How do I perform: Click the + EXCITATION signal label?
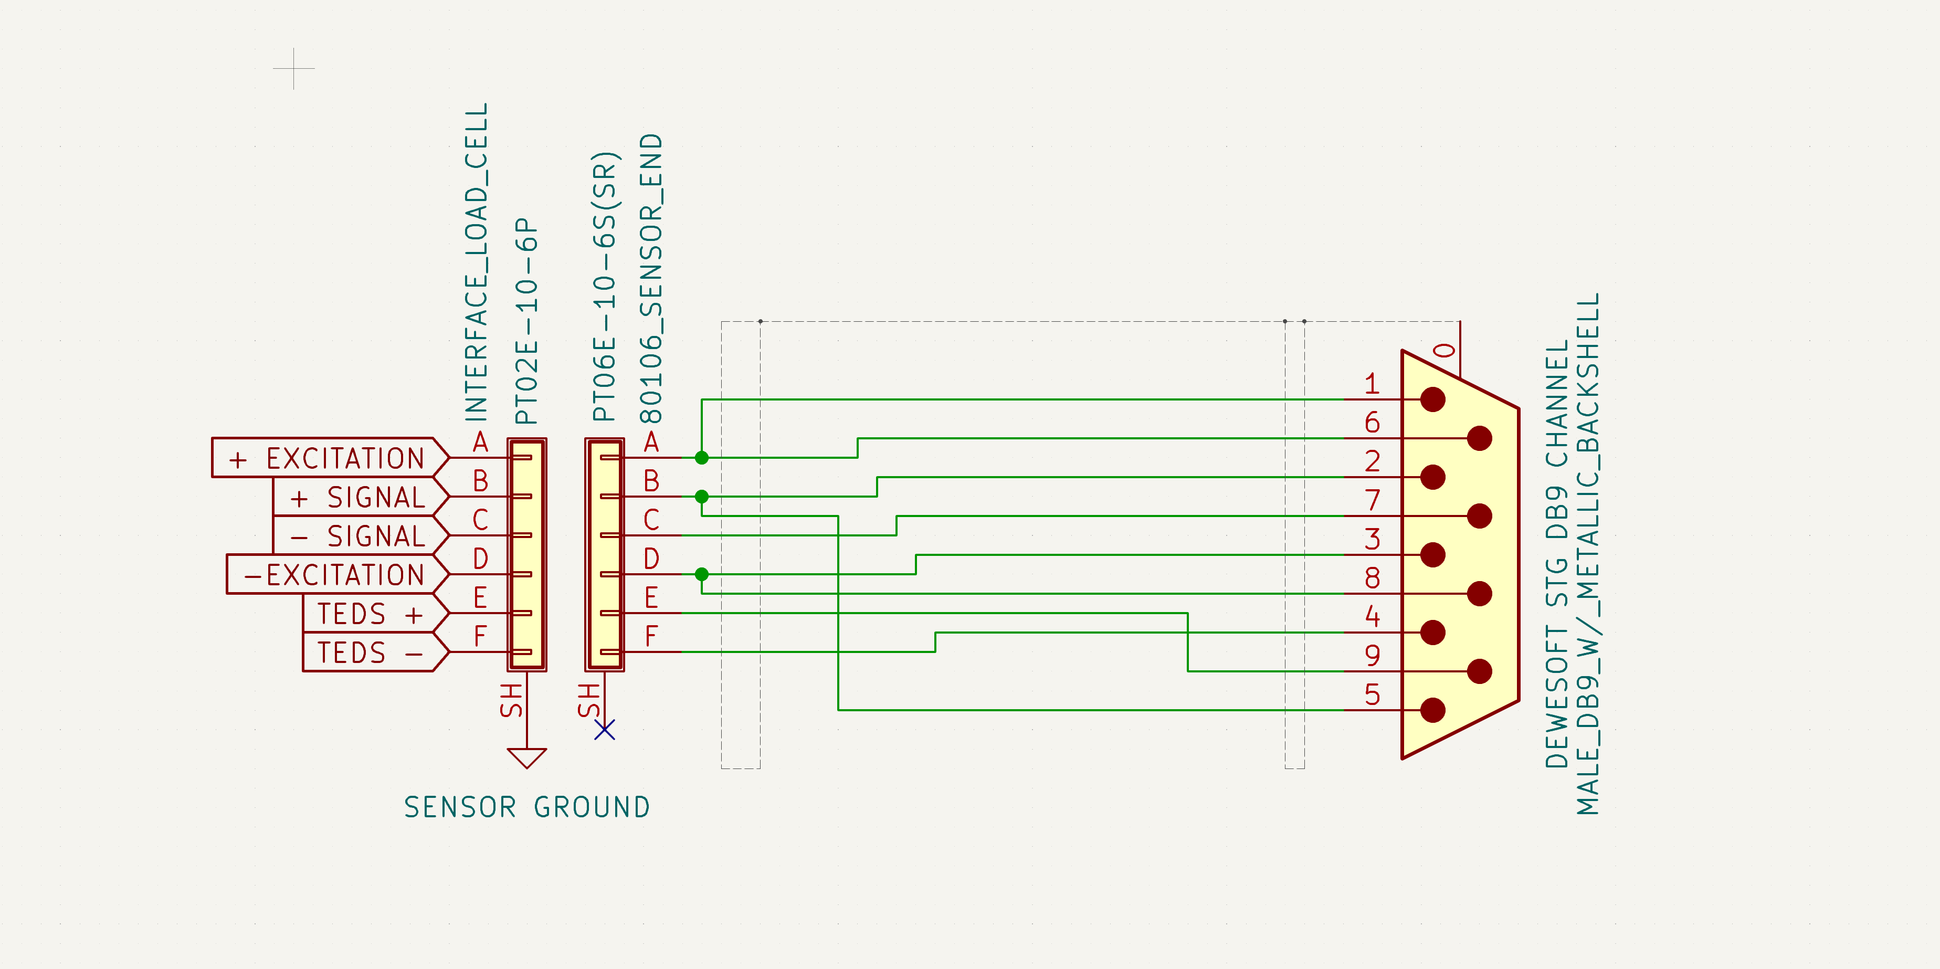click(329, 458)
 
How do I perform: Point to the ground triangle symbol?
click(526, 756)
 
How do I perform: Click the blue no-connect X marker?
click(605, 730)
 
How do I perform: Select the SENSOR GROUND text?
click(526, 807)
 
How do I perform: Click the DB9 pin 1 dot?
click(1432, 399)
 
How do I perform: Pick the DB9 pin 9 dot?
click(1479, 671)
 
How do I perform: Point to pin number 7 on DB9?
click(1372, 500)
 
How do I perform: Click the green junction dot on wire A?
click(701, 457)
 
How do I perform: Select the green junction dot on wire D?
click(701, 574)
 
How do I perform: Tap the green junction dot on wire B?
click(701, 496)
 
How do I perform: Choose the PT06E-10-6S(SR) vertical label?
click(604, 286)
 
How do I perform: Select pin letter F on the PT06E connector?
click(651, 637)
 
